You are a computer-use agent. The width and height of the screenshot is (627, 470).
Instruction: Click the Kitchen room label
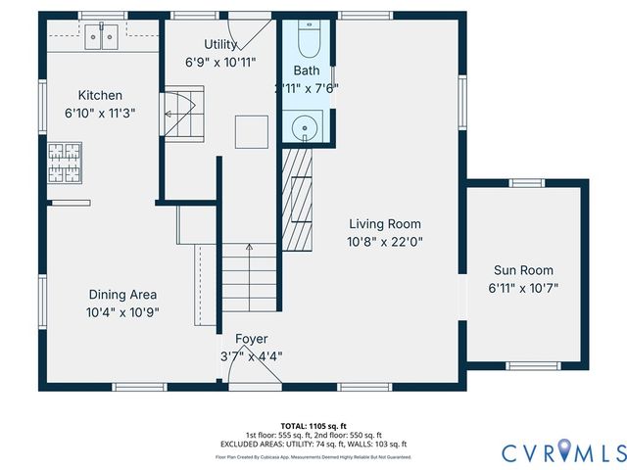point(101,95)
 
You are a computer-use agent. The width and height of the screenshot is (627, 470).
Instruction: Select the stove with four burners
point(66,162)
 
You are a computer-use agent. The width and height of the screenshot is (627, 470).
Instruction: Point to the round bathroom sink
point(306,125)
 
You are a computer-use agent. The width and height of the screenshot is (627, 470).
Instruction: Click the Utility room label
point(220,44)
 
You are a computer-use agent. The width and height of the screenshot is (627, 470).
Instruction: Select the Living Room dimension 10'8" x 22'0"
point(384,241)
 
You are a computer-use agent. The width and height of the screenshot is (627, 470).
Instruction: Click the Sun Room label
point(522,270)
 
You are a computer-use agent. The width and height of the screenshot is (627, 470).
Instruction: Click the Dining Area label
point(122,294)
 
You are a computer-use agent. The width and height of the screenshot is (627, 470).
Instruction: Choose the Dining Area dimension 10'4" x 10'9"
point(122,312)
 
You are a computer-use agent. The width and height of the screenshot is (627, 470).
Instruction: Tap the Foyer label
point(251,339)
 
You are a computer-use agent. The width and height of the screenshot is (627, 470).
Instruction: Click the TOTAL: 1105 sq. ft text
point(313,426)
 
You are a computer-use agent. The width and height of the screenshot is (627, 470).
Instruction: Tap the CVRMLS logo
point(563,452)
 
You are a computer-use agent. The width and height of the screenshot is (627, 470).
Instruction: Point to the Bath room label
point(306,70)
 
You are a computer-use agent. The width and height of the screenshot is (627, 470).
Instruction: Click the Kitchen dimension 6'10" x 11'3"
point(101,113)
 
